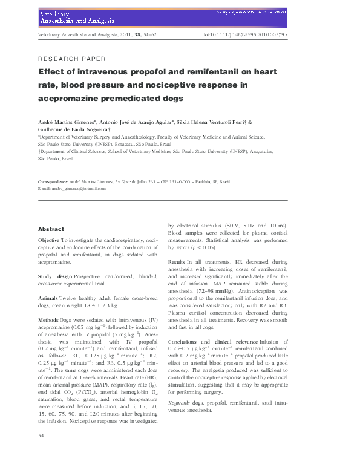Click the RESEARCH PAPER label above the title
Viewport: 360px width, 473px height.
tap(72, 59)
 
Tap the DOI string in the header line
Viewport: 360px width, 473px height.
tap(244, 36)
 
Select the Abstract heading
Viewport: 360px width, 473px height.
tap(51, 230)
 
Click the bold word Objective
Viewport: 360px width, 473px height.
tap(48, 240)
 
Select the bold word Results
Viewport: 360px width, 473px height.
tap(177, 261)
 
